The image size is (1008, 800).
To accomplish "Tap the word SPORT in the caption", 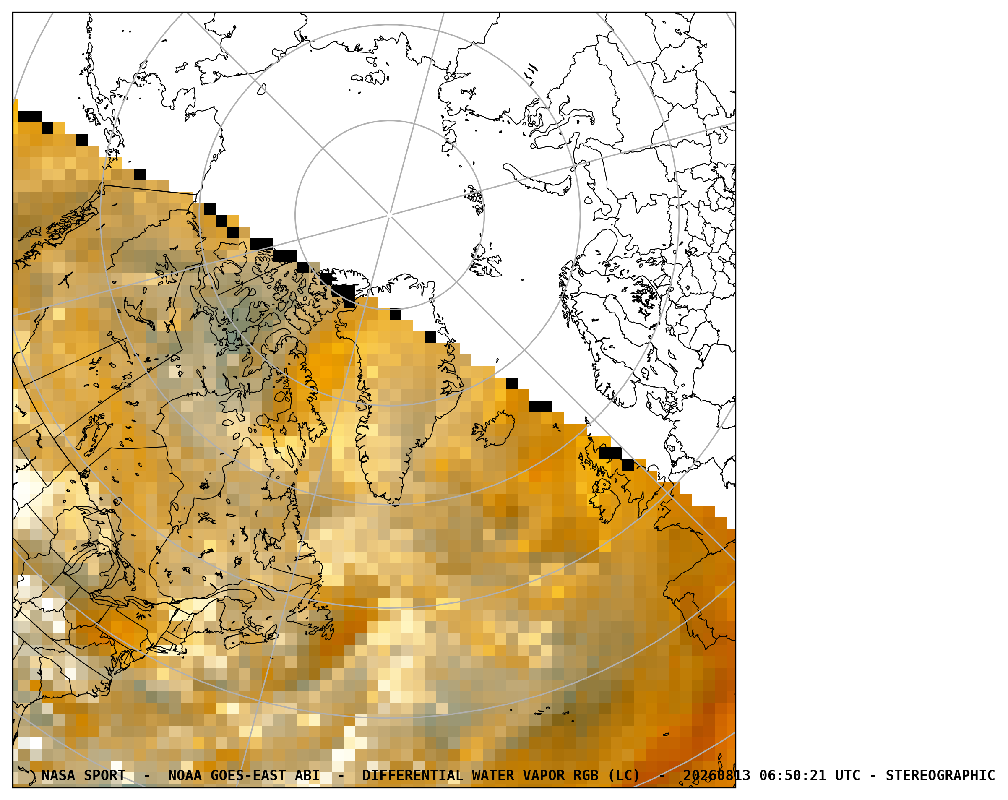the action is pyautogui.click(x=105, y=776).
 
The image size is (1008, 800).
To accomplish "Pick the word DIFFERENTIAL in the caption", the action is pyautogui.click(x=412, y=776).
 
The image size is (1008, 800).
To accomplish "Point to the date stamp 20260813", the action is pyautogui.click(x=716, y=776).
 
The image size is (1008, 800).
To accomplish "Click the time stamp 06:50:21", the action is pyautogui.click(x=792, y=776).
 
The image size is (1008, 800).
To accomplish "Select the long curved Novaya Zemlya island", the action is pyautogui.click(x=538, y=180).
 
